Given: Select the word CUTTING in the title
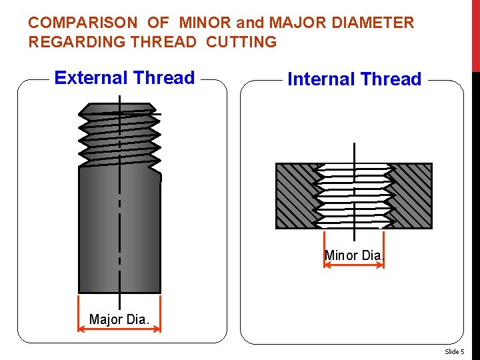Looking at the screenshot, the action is pyautogui.click(x=241, y=42).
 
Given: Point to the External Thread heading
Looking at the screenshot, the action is pyautogui.click(x=125, y=78).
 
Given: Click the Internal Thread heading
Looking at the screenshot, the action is pyautogui.click(x=354, y=79).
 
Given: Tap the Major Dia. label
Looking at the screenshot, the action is pyautogui.click(x=119, y=319).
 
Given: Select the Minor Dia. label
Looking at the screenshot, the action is pyautogui.click(x=354, y=255).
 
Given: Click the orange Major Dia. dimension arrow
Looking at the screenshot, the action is pyautogui.click(x=119, y=329).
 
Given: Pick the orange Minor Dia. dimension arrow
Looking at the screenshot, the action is pyautogui.click(x=354, y=265).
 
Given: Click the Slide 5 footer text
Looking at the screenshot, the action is pyautogui.click(x=455, y=351).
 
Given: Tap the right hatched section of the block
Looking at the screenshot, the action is pyautogui.click(x=412, y=195).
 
